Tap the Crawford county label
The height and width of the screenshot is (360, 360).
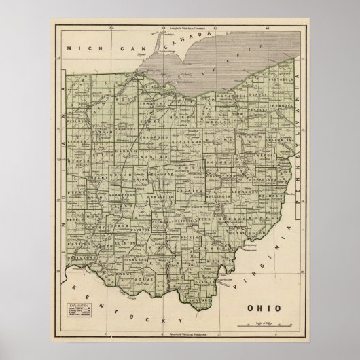pos(154,137)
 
